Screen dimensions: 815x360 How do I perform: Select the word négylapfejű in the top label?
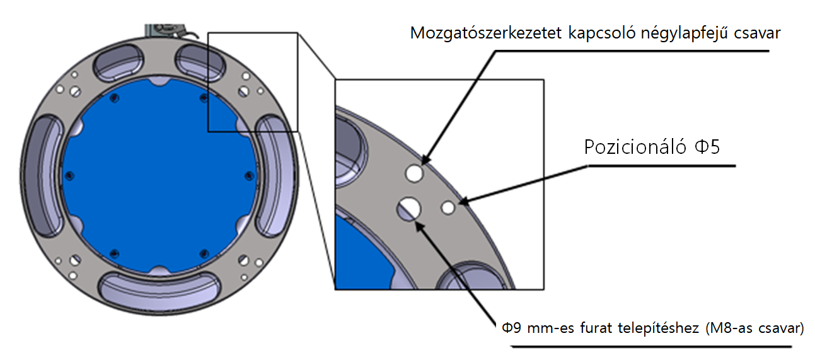pos(684,33)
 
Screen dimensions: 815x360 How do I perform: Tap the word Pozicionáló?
pos(635,147)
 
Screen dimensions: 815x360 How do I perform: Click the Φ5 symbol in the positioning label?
pos(707,147)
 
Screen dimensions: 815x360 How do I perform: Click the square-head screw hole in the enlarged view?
pos(414,173)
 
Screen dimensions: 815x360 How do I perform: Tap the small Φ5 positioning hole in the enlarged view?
pos(448,208)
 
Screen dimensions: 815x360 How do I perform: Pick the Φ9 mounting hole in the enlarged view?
pos(408,209)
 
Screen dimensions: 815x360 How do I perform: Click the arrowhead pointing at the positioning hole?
pos(463,201)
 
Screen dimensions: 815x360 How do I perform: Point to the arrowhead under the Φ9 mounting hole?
pos(420,226)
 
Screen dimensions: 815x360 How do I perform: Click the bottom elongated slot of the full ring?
pos(159,290)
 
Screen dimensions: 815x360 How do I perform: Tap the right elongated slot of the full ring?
pos(275,176)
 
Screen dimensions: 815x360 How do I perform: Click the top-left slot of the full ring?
pos(118,62)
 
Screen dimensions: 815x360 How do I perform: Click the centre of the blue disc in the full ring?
pos(159,176)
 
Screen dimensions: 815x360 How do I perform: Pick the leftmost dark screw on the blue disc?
pos(69,176)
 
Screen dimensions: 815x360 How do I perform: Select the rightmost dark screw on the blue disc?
pos(249,176)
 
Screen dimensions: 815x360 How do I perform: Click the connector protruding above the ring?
pos(170,32)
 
